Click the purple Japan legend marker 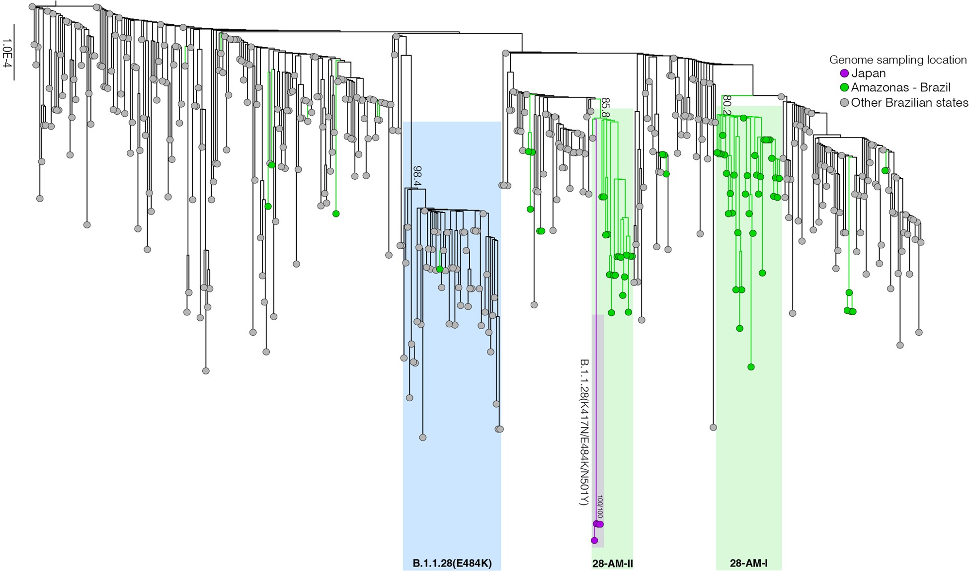844,74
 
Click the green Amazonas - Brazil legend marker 844,88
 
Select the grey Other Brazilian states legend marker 844,103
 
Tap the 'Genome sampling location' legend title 898,60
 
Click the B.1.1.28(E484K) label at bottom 452,564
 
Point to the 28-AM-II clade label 612,564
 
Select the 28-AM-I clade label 748,564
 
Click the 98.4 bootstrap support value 416,176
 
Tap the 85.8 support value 605,107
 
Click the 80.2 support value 727,105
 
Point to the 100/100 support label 600,506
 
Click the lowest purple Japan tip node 594,540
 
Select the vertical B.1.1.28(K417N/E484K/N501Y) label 584,432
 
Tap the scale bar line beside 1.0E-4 14,52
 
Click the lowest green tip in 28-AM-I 751,367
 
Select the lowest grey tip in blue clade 422,437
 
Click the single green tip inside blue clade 440,269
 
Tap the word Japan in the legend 868,73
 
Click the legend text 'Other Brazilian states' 909,103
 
